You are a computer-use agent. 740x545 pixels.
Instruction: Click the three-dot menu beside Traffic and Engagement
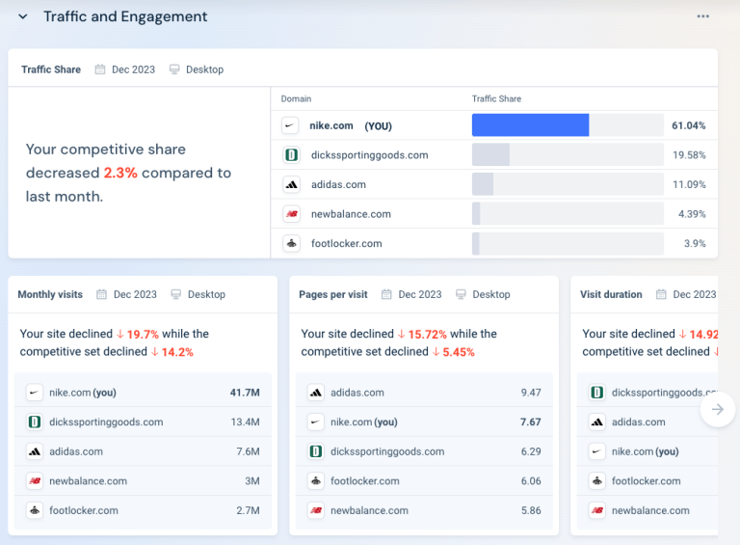click(703, 16)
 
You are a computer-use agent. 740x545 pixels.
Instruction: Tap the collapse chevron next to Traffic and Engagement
click(23, 16)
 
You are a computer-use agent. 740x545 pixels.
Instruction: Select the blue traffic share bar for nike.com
click(530, 125)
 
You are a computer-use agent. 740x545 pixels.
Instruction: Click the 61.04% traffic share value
click(688, 125)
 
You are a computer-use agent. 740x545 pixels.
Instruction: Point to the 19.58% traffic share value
click(688, 155)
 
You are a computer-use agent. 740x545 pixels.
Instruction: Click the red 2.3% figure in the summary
click(120, 173)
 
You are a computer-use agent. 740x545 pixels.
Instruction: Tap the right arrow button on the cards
click(717, 409)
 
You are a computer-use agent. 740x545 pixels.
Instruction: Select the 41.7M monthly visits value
click(245, 393)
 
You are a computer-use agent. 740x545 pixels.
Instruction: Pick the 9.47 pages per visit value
click(530, 393)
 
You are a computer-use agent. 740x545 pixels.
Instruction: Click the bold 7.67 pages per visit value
click(530, 422)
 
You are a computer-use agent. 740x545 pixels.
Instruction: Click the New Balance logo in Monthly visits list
click(35, 481)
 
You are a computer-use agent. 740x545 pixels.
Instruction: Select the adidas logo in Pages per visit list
click(315, 393)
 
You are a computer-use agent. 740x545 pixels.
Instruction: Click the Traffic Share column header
click(496, 98)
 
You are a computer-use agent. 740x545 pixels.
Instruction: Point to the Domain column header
click(296, 98)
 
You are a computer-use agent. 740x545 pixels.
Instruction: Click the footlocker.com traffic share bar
click(476, 244)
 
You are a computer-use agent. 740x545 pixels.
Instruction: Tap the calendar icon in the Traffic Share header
click(100, 69)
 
